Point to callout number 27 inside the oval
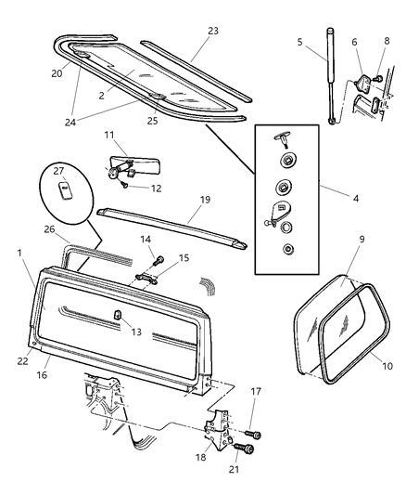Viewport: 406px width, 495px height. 58,171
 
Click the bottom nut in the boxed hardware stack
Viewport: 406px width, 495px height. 288,249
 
